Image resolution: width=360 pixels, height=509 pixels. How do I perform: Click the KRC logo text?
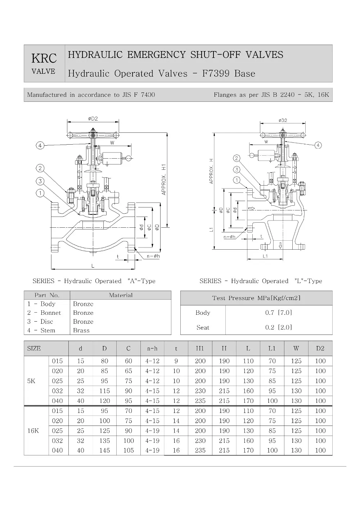coord(44,58)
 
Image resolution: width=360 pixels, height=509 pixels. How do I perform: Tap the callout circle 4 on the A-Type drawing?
coord(40,145)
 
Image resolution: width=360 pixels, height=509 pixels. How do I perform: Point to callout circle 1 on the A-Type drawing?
coord(40,194)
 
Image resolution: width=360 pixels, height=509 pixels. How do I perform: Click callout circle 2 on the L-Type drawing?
coord(237,158)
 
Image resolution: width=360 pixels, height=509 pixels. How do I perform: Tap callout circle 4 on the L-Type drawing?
coord(318,145)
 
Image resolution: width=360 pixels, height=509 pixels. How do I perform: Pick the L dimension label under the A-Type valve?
coord(93,265)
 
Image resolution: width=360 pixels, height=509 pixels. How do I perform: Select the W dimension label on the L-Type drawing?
coord(266,142)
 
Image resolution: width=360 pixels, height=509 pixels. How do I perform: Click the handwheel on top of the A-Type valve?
coord(93,135)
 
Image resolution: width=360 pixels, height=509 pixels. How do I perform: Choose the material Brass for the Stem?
coord(81,330)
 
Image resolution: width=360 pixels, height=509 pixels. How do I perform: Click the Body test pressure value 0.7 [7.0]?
coord(278,313)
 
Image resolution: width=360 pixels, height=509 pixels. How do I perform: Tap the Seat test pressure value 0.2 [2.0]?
coord(278,327)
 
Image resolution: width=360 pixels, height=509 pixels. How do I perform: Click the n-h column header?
coord(152,348)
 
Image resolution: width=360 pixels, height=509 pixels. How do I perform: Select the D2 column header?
coord(320,348)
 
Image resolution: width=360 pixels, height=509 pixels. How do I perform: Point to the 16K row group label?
coord(33,431)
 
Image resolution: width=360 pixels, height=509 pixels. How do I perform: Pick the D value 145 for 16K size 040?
coord(104,450)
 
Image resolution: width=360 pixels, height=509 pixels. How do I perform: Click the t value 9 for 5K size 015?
coord(176,361)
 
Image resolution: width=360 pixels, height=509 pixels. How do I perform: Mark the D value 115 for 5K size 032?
coord(104,391)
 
